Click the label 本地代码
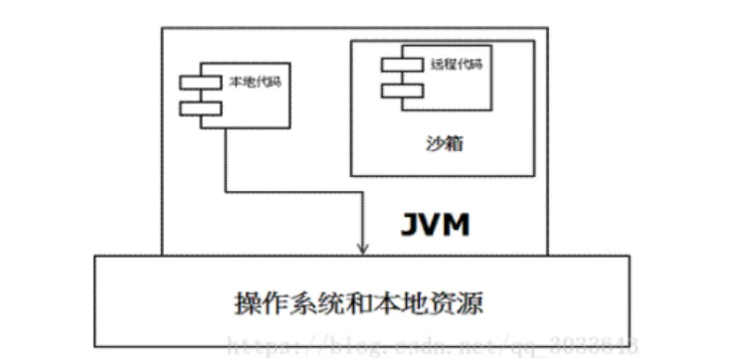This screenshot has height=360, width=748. pyautogui.click(x=256, y=82)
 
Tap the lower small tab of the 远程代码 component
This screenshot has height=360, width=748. pyautogui.click(x=397, y=90)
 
